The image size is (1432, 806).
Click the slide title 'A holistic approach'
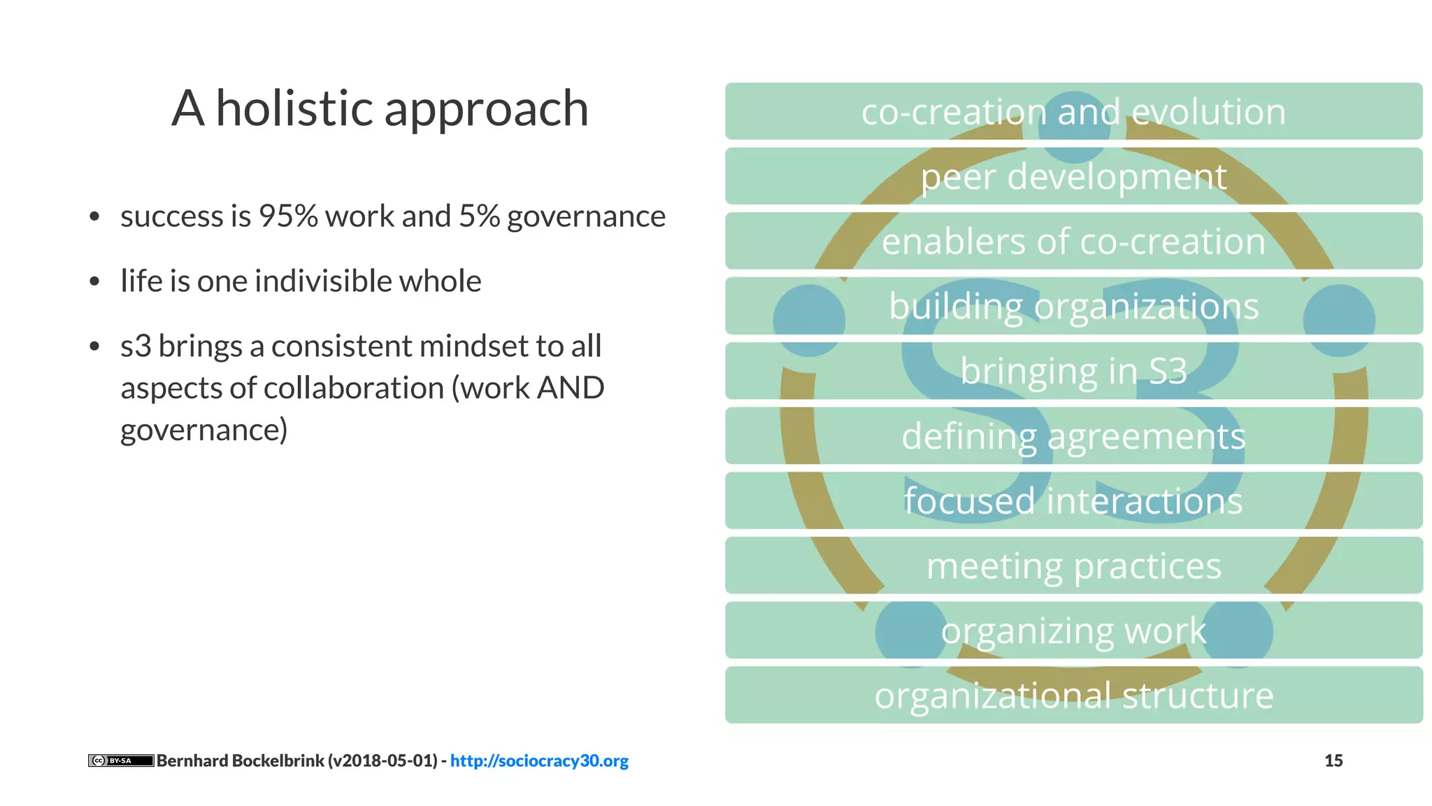point(380,108)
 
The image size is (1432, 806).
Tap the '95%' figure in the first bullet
point(288,216)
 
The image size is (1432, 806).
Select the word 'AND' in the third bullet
point(571,388)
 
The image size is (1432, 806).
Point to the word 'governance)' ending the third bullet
point(203,430)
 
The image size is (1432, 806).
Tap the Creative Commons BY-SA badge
point(120,761)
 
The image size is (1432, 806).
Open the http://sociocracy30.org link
point(539,761)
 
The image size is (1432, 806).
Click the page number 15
point(1333,761)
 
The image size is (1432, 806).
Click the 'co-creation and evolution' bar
point(1073,112)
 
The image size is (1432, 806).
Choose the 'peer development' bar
point(1073,176)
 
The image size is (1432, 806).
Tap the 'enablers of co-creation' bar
point(1073,241)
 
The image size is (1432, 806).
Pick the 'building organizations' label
point(1073,306)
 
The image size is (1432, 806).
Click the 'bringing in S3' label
point(1073,371)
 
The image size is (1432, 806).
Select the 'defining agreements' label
point(1073,436)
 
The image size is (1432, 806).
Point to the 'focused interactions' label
point(1073,501)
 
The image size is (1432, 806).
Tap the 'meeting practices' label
point(1073,565)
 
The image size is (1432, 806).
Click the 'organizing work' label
point(1073,630)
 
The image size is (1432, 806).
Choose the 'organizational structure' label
point(1073,695)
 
